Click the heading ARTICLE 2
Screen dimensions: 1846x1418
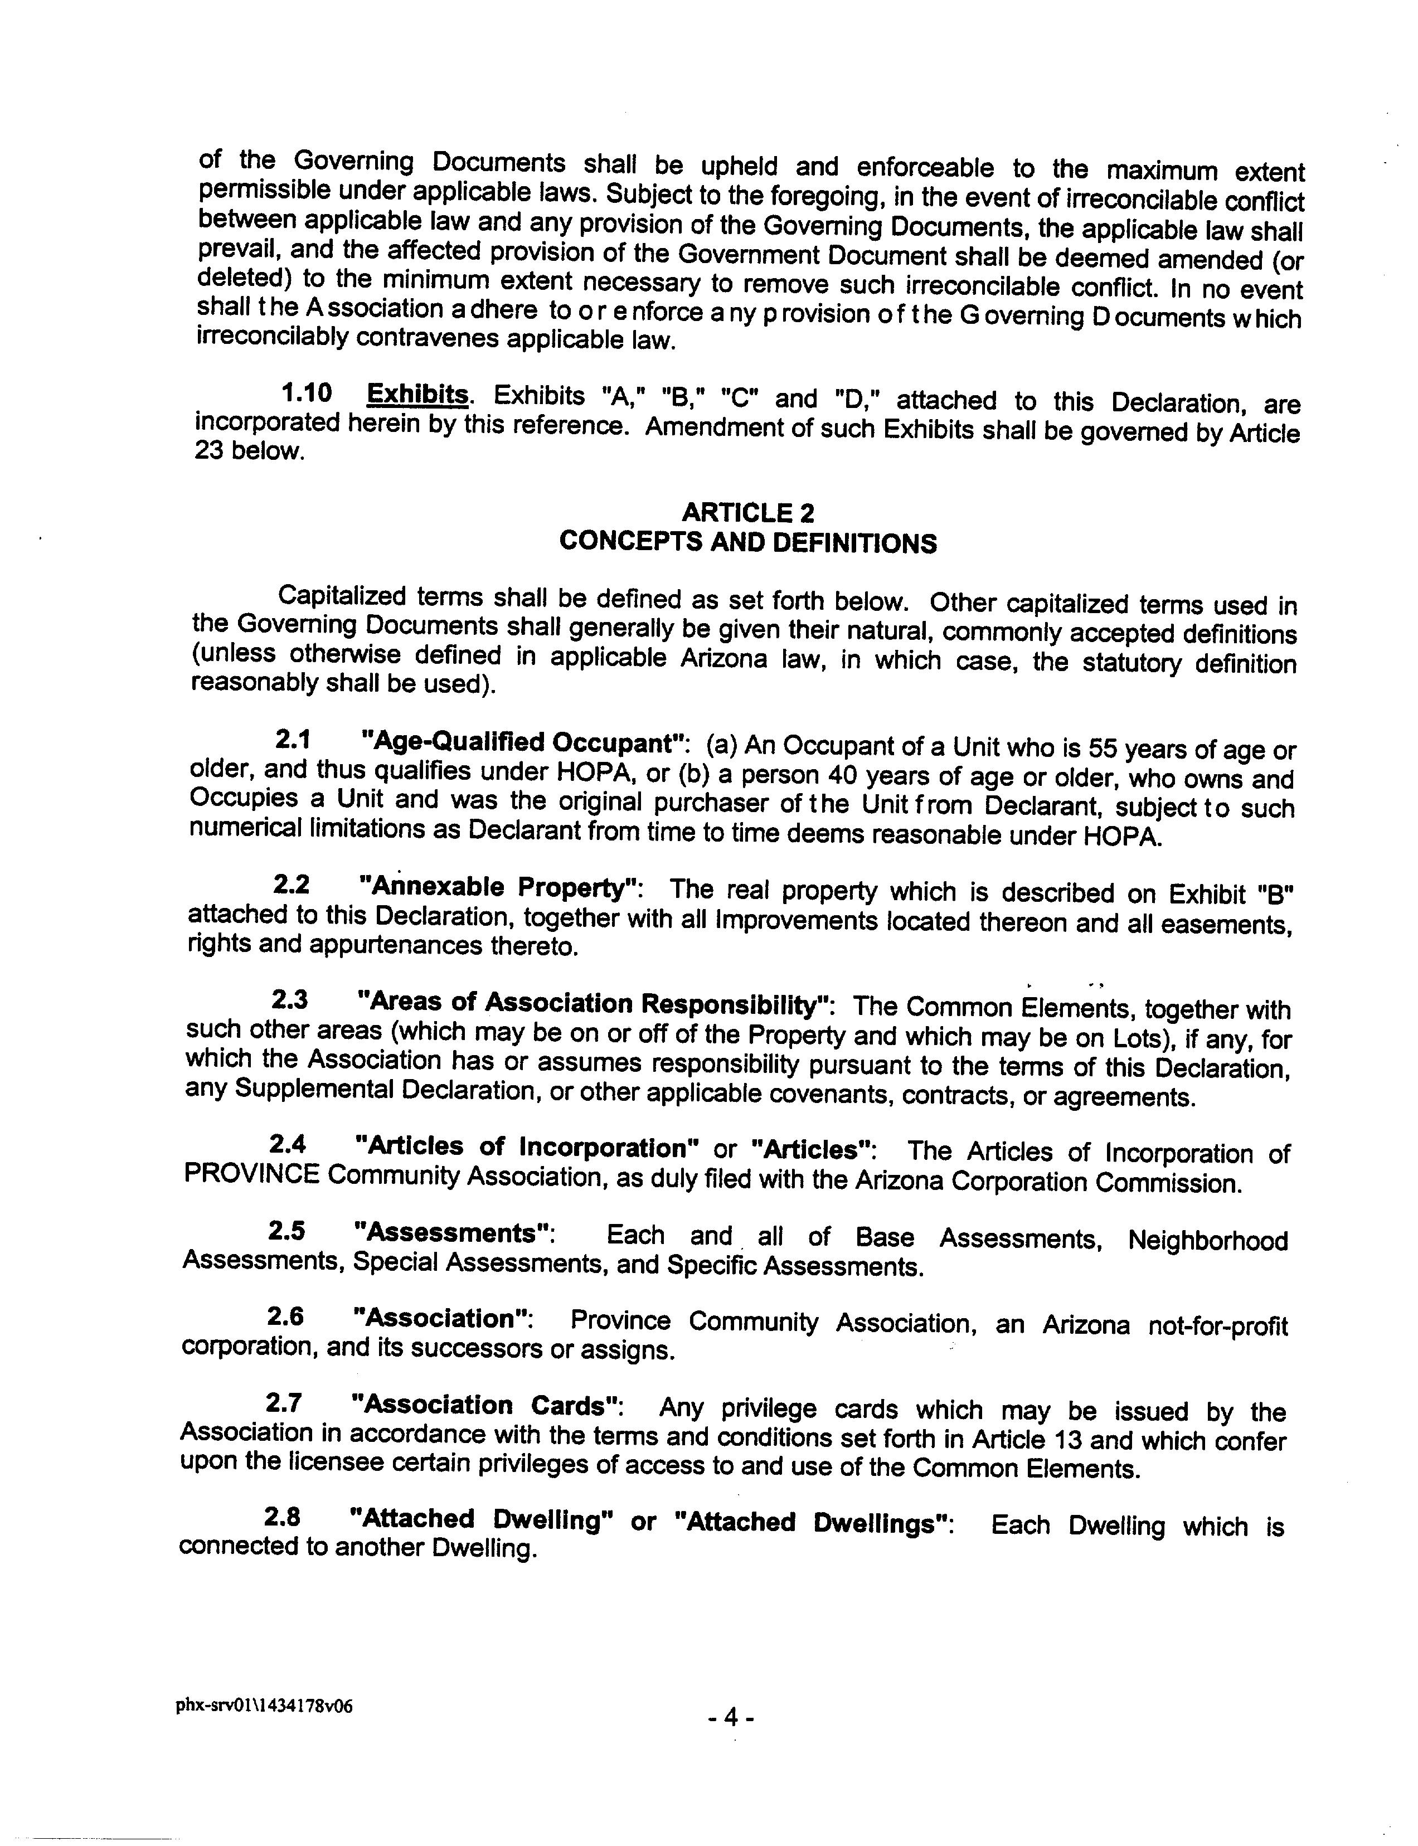click(748, 512)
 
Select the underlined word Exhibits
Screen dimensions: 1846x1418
click(418, 394)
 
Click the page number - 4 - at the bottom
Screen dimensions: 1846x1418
click(731, 1716)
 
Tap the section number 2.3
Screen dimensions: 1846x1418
click(289, 1000)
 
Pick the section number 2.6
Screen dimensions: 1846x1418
click(285, 1317)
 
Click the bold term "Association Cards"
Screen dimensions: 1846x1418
click(483, 1405)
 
